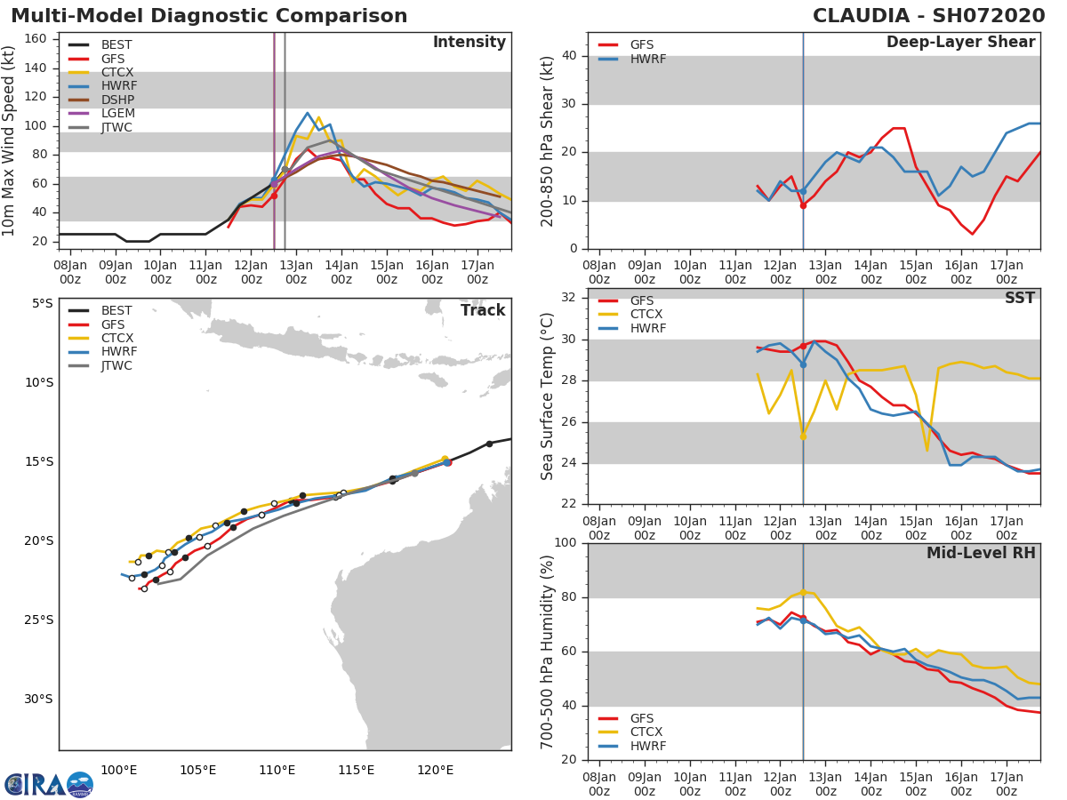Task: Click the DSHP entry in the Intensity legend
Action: [116, 100]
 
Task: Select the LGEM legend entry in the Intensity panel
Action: [116, 114]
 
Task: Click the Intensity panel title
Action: [469, 43]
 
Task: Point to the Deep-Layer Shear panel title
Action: [960, 43]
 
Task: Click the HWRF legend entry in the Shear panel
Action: [646, 59]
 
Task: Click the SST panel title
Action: [1019, 299]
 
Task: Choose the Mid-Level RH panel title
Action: [981, 554]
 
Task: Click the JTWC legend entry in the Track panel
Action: [116, 366]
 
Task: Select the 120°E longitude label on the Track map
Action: [435, 770]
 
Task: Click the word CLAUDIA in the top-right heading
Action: [861, 16]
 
